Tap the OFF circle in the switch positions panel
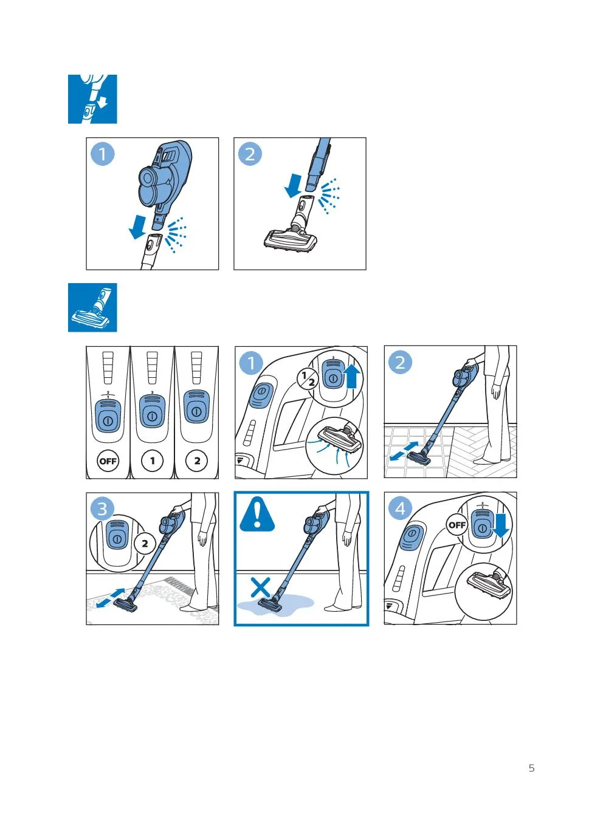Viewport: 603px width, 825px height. [x=108, y=460]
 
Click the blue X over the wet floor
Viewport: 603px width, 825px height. [x=260, y=587]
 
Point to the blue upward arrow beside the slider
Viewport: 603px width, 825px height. [x=352, y=375]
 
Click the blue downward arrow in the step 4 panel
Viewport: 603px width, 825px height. [x=500, y=526]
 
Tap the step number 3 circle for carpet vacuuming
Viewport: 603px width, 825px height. [x=102, y=509]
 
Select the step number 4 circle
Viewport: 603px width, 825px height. [x=401, y=508]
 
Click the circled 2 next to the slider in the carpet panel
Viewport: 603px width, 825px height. [x=145, y=543]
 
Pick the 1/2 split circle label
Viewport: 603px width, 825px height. [x=308, y=379]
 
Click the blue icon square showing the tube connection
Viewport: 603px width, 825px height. [x=92, y=99]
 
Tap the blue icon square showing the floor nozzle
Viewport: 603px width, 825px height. [x=92, y=307]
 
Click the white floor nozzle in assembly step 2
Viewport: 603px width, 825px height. [x=291, y=239]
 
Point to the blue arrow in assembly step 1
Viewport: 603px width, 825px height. [x=137, y=227]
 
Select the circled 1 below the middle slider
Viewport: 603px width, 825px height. [x=152, y=460]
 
